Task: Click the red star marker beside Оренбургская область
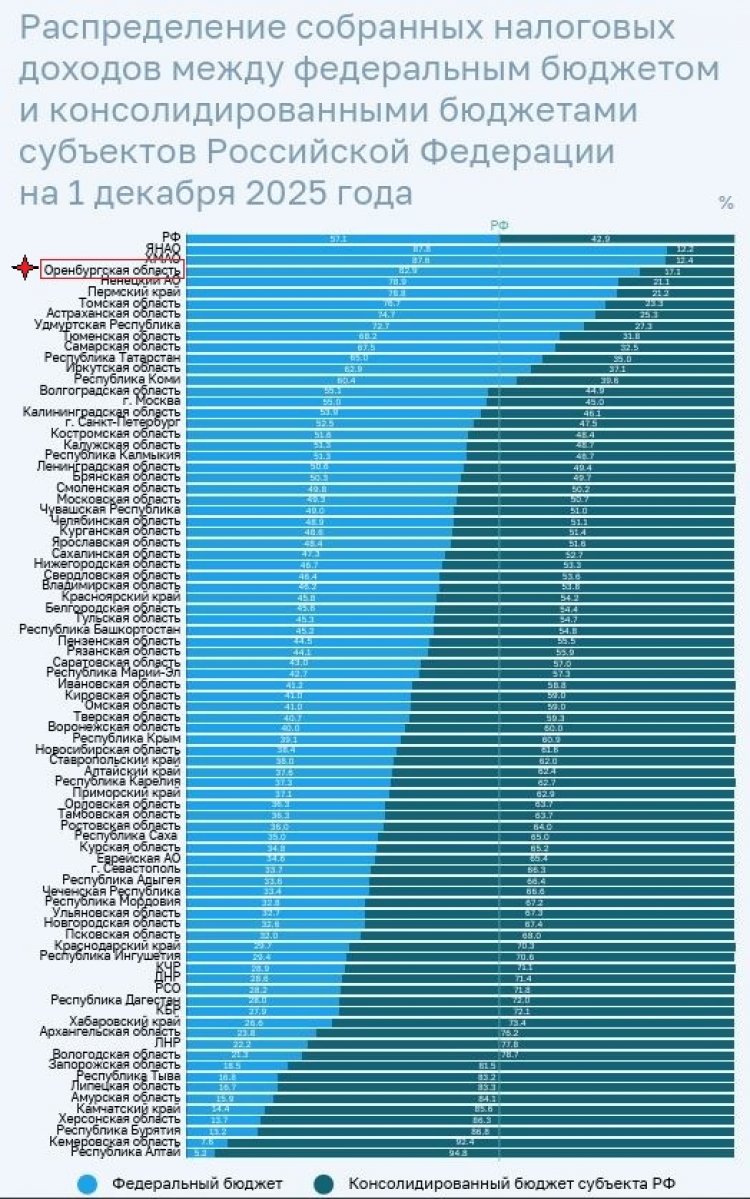pos(24,269)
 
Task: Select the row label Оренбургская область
pos(112,270)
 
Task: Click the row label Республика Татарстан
pos(113,357)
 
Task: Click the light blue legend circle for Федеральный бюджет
pos(86,1183)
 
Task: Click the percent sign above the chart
pos(725,202)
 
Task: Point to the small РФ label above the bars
pos(499,225)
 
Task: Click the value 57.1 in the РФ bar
pos(338,238)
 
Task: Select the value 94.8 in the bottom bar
pos(459,1152)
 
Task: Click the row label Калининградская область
pos(110,412)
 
